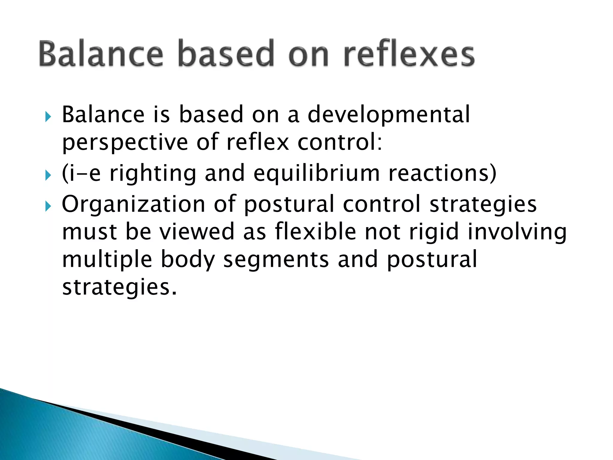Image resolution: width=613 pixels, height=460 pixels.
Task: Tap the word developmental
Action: click(x=389, y=115)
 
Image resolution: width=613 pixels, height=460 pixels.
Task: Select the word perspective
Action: click(x=125, y=143)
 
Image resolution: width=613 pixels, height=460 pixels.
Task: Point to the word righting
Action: click(x=153, y=174)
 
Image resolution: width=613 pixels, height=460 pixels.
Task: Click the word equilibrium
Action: click(x=317, y=174)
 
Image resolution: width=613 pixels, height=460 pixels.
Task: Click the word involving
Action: click(x=517, y=232)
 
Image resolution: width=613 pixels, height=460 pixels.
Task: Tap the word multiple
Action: click(x=107, y=260)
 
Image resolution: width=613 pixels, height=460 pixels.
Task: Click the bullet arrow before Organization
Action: click(x=48, y=206)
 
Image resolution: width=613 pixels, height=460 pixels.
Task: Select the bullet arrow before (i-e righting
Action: click(x=48, y=175)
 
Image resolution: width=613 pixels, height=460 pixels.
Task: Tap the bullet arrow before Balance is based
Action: click(x=48, y=117)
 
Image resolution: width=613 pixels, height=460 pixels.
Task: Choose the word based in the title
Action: click(x=226, y=54)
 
